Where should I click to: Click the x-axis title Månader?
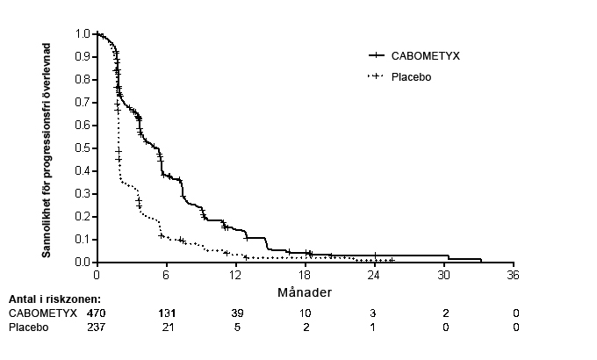306,291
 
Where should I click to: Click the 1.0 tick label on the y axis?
83,34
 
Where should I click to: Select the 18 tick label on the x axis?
306,276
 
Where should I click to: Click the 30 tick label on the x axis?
445,276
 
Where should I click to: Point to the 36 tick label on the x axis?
514,276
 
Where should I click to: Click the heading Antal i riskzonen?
54,299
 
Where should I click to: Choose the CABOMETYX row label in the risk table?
43,313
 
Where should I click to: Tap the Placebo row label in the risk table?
28,328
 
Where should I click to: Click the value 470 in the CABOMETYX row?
95,313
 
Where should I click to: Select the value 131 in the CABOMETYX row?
166,313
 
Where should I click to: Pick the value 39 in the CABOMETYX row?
235,313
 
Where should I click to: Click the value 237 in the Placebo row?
95,328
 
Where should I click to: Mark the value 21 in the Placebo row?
166,328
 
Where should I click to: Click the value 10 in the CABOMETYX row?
306,313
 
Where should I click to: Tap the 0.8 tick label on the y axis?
83,80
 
